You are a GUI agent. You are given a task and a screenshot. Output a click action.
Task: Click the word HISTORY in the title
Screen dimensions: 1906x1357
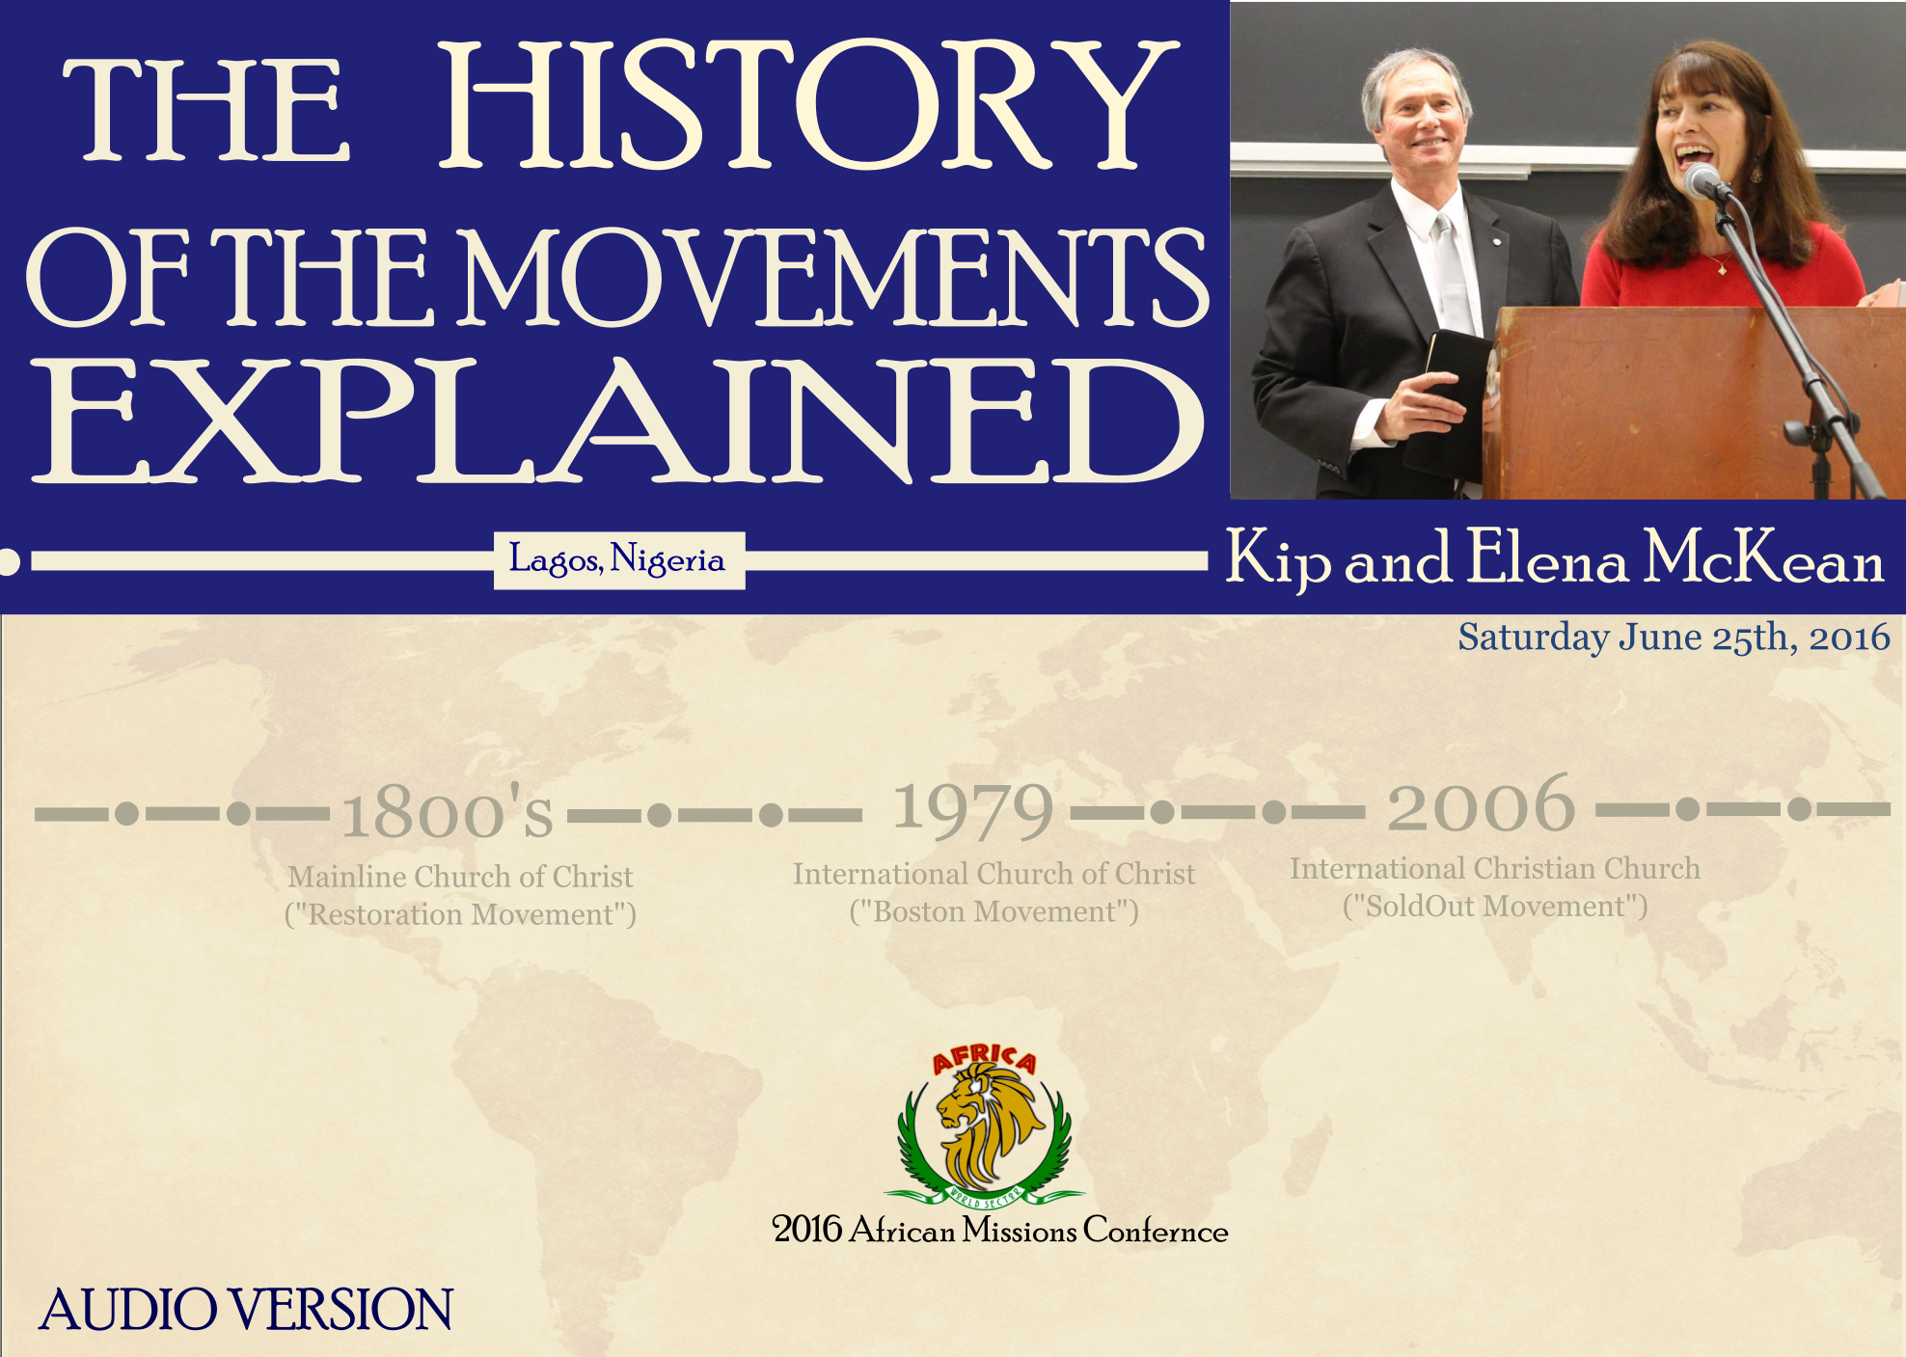[808, 106]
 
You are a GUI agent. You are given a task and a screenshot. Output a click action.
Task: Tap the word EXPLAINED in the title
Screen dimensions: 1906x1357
[617, 421]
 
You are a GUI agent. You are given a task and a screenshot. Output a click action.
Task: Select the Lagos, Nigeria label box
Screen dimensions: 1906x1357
[618, 560]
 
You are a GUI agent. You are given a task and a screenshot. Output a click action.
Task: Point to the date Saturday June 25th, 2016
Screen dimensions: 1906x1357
[1674, 637]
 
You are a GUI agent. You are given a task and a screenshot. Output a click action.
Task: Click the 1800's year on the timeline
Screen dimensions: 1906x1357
[449, 810]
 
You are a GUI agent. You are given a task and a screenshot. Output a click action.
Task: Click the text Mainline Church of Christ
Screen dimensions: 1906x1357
[460, 877]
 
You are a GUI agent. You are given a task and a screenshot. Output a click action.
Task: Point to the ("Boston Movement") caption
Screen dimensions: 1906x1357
[994, 911]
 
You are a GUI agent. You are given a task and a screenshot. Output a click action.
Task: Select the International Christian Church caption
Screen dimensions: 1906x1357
[1495, 868]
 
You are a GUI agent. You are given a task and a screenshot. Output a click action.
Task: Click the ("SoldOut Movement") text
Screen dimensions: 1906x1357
[1495, 907]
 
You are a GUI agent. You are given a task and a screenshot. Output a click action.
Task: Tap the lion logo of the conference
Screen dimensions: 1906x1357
[984, 1128]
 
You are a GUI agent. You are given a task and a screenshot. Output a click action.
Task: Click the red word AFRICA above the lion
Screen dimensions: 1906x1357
[984, 1059]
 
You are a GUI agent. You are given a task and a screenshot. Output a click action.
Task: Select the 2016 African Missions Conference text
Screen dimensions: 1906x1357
[1000, 1230]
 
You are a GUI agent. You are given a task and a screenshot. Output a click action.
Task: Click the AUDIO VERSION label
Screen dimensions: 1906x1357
[246, 1309]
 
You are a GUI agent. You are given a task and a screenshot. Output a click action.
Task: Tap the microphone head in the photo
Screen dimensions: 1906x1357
[1702, 180]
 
